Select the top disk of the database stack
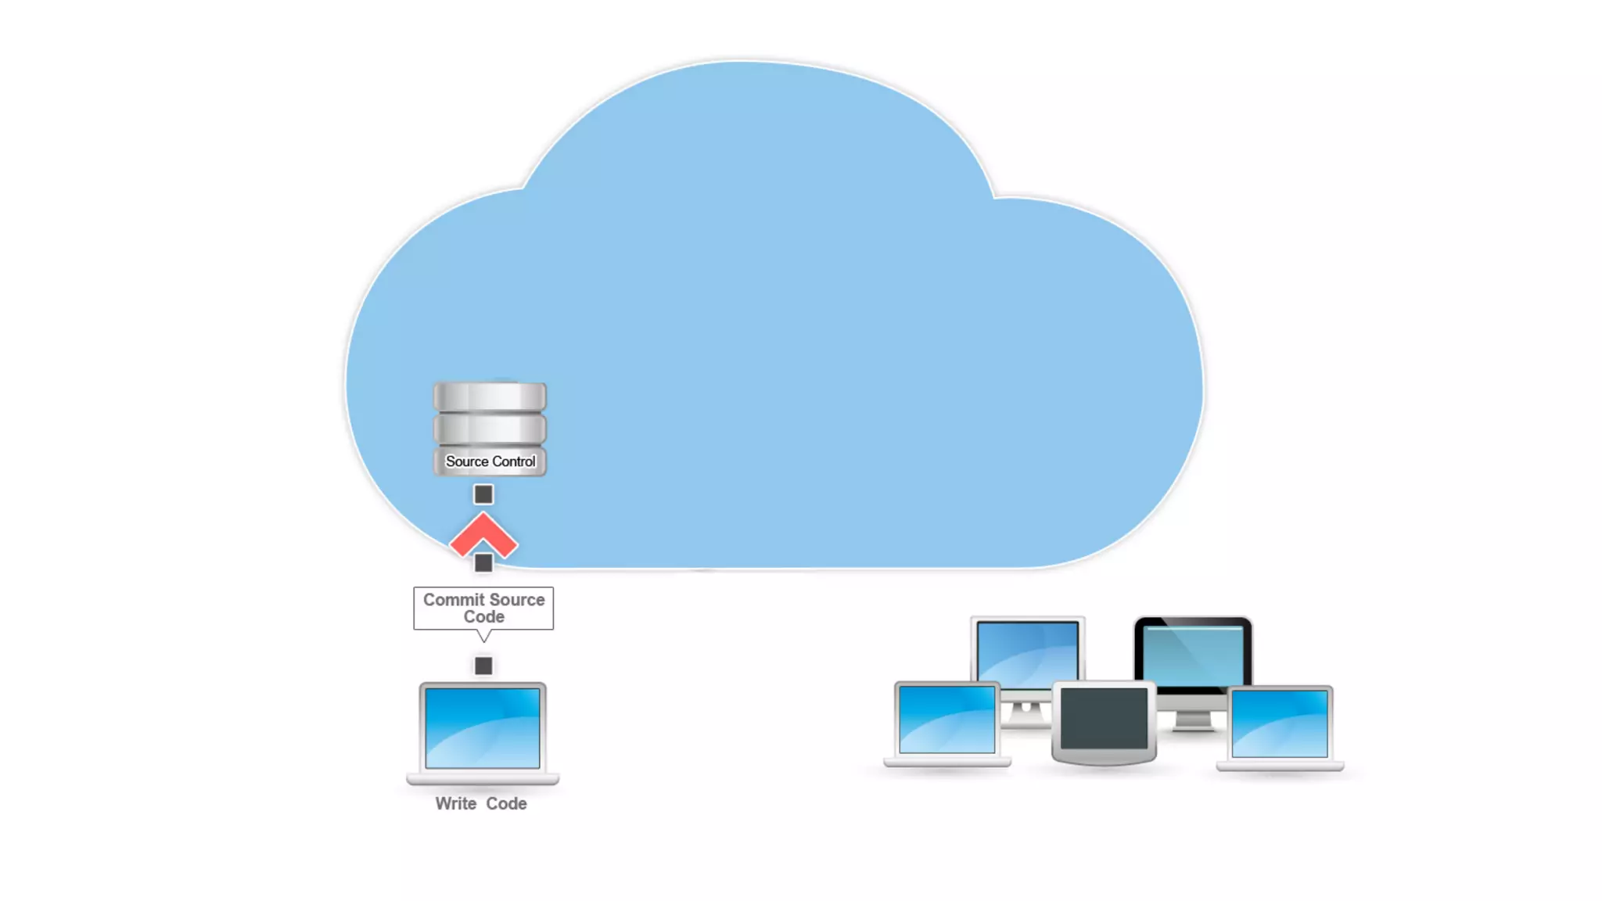click(x=490, y=397)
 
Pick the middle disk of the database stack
click(x=490, y=429)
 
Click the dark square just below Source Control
click(x=483, y=494)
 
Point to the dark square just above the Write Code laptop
click(x=483, y=666)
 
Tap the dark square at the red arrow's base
click(x=483, y=562)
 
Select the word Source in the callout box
click(x=517, y=600)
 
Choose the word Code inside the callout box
click(x=484, y=617)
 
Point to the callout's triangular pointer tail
click(x=484, y=635)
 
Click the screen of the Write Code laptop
click(x=482, y=728)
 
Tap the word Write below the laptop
click(x=455, y=804)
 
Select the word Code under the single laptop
click(x=506, y=804)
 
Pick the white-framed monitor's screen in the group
click(x=1027, y=651)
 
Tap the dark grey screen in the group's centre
click(x=1104, y=719)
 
